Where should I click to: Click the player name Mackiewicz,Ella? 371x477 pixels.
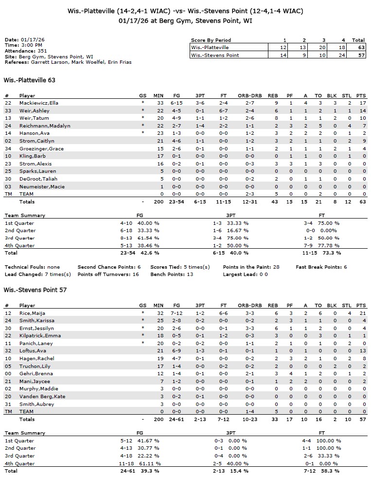click(38, 103)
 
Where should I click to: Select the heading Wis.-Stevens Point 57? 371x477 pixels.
click(35, 290)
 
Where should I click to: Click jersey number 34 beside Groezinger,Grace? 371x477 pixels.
click(8, 148)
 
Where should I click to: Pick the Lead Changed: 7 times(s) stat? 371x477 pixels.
click(37, 274)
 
